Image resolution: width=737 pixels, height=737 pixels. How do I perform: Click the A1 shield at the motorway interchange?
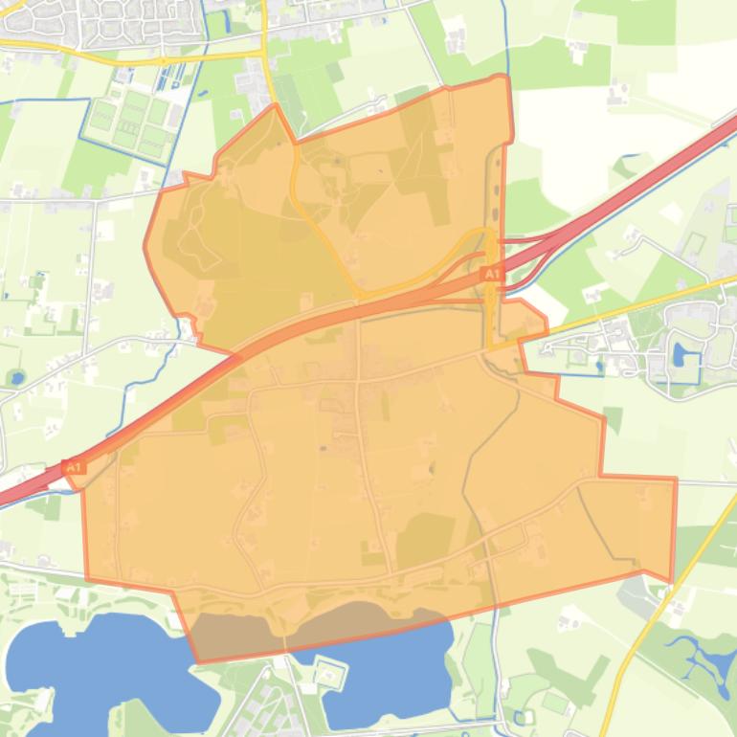[491, 275]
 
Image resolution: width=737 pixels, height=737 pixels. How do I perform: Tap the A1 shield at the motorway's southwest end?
[73, 467]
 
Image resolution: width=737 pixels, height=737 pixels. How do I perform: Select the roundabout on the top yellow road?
[164, 59]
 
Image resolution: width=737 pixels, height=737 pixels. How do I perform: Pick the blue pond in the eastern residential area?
[681, 355]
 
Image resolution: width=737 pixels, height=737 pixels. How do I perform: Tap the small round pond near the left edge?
[16, 377]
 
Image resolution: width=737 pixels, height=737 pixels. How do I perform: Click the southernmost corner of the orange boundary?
[198, 661]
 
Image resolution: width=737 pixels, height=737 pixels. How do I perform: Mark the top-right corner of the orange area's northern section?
[505, 77]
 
